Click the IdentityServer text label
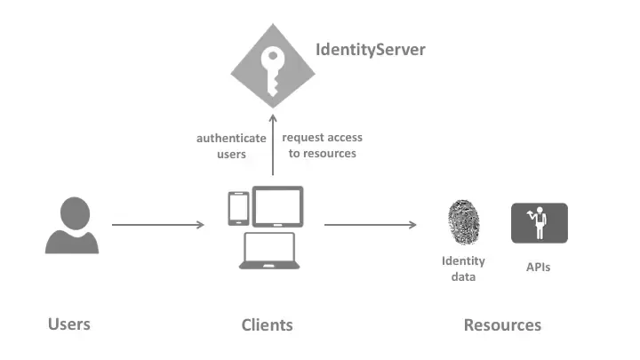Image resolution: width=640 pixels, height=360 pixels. coord(371,49)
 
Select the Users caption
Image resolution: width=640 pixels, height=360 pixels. coord(69,324)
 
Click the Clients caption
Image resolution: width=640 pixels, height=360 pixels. coord(267,324)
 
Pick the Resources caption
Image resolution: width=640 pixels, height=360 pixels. coord(502,324)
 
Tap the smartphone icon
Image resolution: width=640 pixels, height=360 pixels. coord(238,209)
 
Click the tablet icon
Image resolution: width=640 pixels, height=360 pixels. coord(277,206)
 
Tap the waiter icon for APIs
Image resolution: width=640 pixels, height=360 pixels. coord(539,223)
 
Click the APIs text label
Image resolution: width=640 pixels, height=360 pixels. coord(537,266)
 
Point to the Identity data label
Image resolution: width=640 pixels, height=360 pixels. coord(463,268)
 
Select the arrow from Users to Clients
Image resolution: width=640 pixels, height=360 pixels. coord(158,225)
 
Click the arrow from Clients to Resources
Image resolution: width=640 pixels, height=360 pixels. coord(370,225)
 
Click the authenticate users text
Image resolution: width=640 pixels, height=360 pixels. coord(231,146)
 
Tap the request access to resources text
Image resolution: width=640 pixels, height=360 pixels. coord(322,146)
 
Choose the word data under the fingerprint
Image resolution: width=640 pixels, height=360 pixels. coord(463,276)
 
